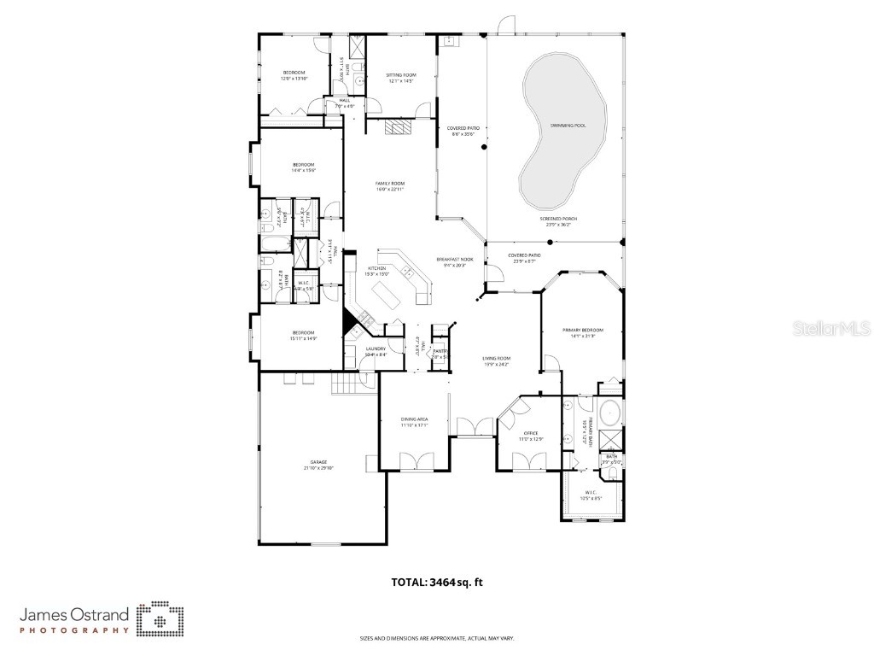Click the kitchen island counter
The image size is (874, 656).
pos(383,298)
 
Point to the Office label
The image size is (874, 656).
pos(530,436)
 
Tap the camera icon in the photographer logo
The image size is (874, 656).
pos(160,619)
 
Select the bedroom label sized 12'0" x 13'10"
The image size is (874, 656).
pos(294,75)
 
